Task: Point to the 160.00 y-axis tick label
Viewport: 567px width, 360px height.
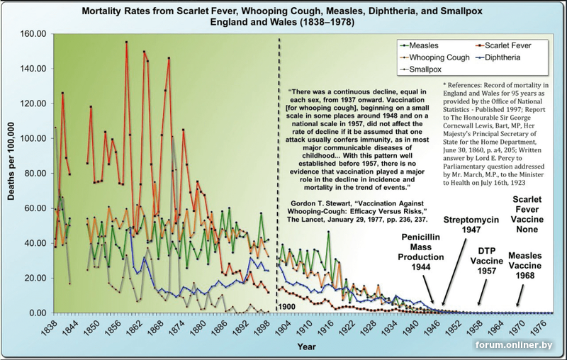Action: pos(33,34)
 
